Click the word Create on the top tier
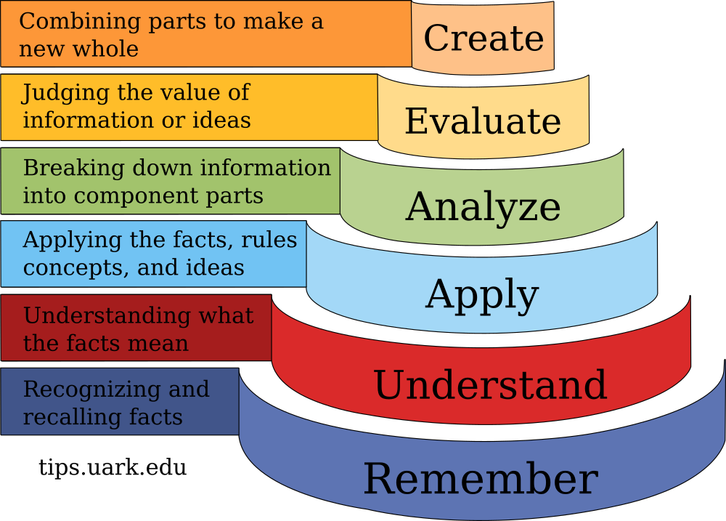484,39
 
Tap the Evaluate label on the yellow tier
483,121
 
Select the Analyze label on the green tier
483,207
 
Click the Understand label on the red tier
490,385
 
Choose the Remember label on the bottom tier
480,480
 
